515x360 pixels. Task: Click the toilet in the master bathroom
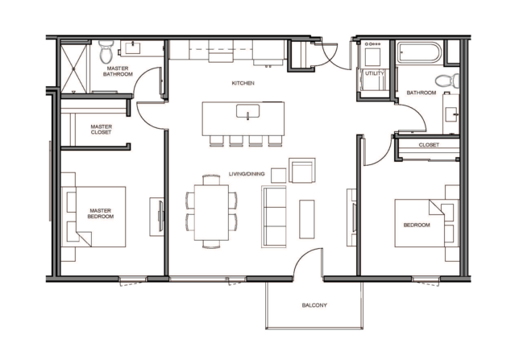pyautogui.click(x=106, y=52)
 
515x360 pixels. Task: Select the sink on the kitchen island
pyautogui.click(x=248, y=111)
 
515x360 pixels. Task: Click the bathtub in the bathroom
pyautogui.click(x=419, y=52)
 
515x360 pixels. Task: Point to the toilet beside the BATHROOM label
pyautogui.click(x=447, y=81)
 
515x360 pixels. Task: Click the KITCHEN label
pyautogui.click(x=243, y=83)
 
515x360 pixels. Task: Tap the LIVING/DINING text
pyautogui.click(x=247, y=174)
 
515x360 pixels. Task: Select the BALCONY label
pyautogui.click(x=314, y=305)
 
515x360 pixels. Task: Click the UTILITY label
pyautogui.click(x=375, y=73)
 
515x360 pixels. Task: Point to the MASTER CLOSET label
pyautogui.click(x=102, y=130)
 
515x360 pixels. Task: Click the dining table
pyautogui.click(x=211, y=213)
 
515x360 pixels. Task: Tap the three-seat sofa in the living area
pyautogui.click(x=274, y=217)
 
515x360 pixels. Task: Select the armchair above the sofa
pyautogui.click(x=302, y=170)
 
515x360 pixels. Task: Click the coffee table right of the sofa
pyautogui.click(x=307, y=219)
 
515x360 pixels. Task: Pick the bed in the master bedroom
pyautogui.click(x=93, y=217)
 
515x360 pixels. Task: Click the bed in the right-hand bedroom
pyautogui.click(x=426, y=223)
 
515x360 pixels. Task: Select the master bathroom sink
pyautogui.click(x=132, y=48)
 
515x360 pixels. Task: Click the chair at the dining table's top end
pyautogui.click(x=211, y=180)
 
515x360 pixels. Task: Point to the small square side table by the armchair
pyautogui.click(x=279, y=176)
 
